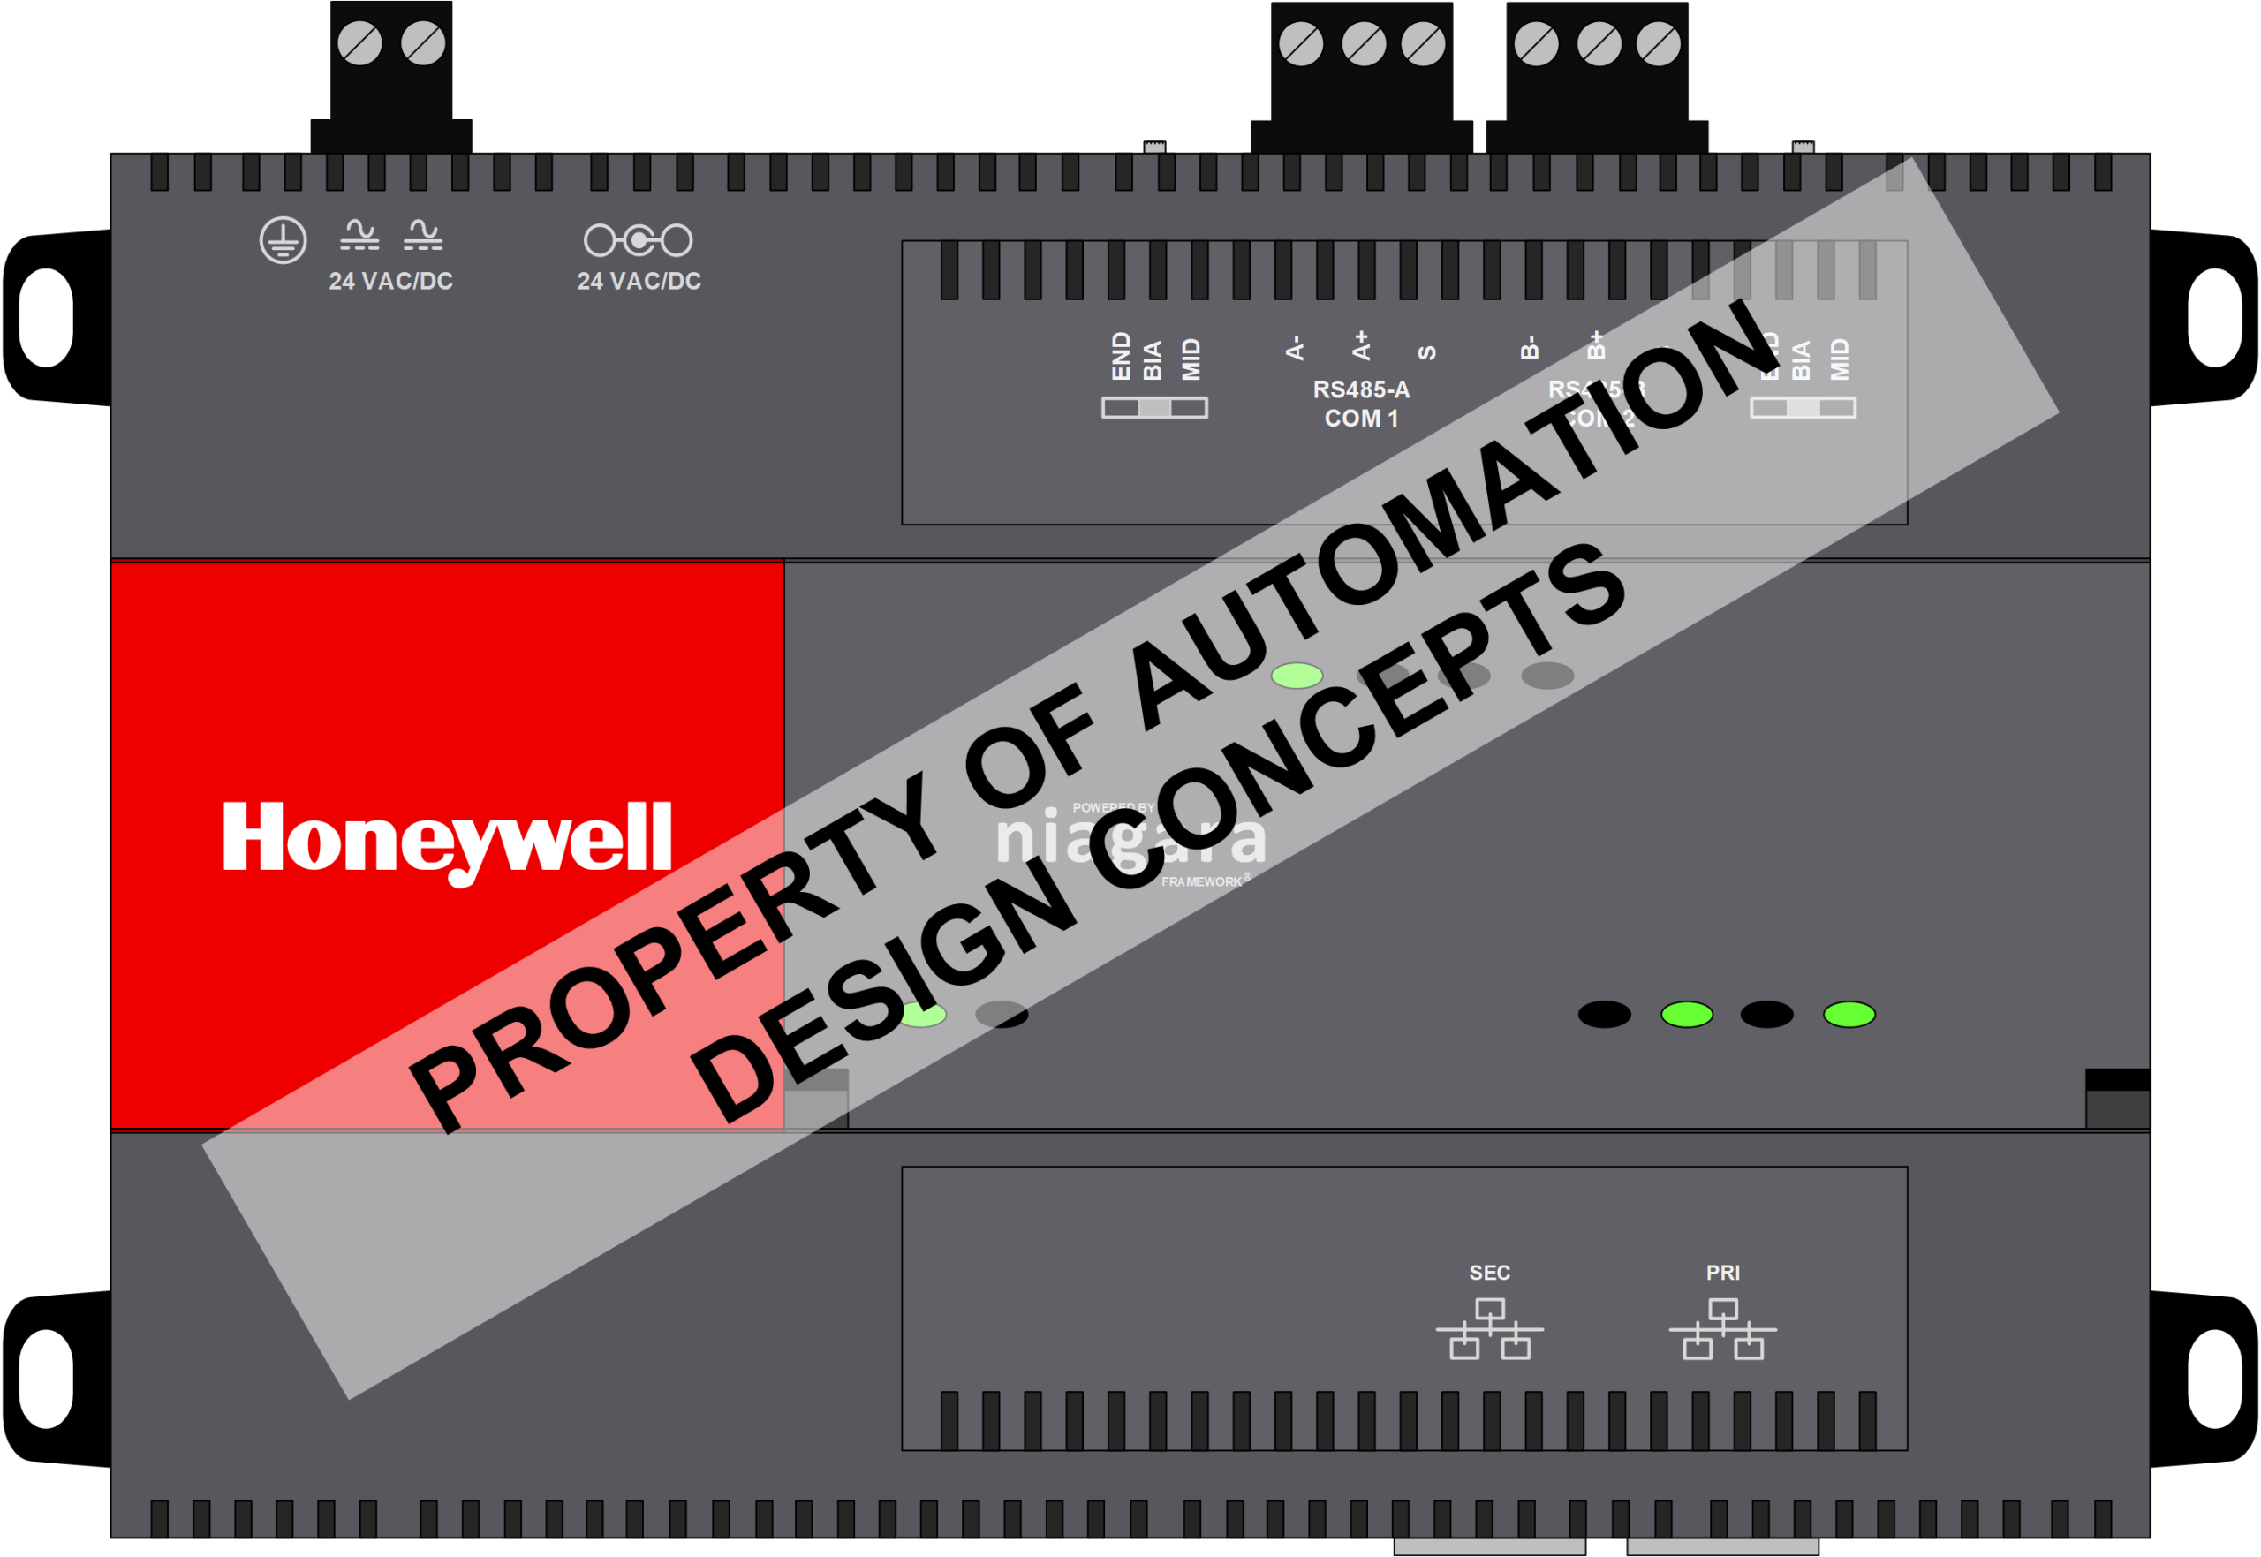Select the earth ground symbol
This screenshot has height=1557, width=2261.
click(x=283, y=240)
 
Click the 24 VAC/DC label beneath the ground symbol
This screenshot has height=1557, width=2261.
click(x=390, y=282)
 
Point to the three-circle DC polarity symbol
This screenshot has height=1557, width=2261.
click(x=638, y=240)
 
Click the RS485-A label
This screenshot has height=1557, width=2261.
click(x=1361, y=390)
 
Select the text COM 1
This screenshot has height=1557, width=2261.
click(x=1361, y=419)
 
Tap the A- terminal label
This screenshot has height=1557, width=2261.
click(x=1295, y=348)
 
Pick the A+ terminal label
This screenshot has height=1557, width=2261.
click(x=1361, y=345)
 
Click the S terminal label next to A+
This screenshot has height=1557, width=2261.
click(x=1426, y=352)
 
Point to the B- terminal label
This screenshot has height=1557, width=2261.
click(x=1530, y=348)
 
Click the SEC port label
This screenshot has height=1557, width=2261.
click(x=1488, y=1274)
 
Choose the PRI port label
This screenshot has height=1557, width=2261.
click(x=1722, y=1274)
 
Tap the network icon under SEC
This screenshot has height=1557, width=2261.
click(x=1488, y=1329)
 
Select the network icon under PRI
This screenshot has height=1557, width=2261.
click(x=1722, y=1329)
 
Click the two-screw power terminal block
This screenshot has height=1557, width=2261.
click(x=391, y=73)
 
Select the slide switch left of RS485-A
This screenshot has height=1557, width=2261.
click(x=1154, y=408)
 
